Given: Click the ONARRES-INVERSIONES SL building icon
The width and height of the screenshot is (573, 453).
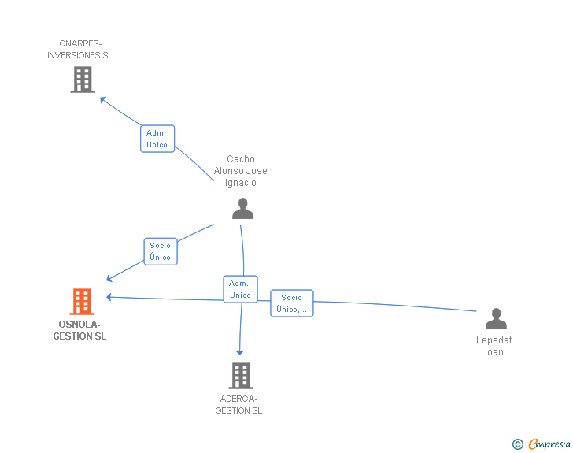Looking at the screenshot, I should point(82,80).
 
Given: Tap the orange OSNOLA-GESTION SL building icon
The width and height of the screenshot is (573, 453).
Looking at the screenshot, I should point(82,302).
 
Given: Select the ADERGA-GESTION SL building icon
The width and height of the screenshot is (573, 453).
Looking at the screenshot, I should point(240,376).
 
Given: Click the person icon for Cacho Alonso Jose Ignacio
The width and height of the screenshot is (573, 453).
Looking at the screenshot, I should point(242,209).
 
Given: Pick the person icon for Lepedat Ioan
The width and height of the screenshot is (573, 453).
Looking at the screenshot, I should point(495,319).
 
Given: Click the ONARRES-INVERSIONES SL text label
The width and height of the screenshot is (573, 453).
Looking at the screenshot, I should point(79,50).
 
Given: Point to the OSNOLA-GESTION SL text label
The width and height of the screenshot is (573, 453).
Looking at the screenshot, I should point(79,330).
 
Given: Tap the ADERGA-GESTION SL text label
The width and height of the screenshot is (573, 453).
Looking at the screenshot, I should point(238,404).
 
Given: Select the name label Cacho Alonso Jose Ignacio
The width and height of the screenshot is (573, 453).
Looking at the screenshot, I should point(241,171).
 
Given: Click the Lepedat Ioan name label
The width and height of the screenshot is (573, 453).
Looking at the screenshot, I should point(494,346).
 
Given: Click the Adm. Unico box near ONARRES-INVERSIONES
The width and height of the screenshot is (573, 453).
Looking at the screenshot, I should point(157,139).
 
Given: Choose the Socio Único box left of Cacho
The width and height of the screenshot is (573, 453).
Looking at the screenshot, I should point(160,251).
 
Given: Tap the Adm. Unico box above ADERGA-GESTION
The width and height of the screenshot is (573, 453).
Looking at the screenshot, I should point(240,289).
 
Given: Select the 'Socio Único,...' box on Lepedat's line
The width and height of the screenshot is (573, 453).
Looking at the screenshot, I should point(291,303).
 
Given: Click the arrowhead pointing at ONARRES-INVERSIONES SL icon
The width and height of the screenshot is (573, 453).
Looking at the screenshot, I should point(102,98).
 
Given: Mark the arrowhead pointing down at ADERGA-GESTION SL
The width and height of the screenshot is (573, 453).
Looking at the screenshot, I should point(240,351).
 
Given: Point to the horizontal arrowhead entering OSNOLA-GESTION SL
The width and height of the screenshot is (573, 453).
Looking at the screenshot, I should point(110,297).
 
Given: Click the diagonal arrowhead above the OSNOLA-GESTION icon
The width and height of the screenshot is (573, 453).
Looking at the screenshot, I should point(110,278).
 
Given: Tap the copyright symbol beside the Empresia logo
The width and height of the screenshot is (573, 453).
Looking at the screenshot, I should point(517,444).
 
